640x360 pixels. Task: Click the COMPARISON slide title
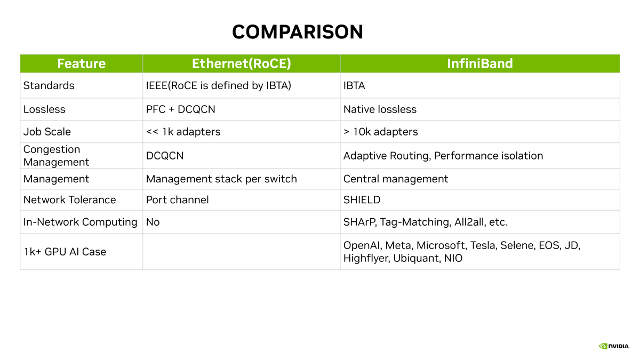[x=298, y=31]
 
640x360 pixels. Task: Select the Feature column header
[x=82, y=63]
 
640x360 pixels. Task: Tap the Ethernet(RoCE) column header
[x=242, y=63]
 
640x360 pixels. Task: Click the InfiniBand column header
[x=480, y=63]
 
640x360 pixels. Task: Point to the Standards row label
[x=49, y=85]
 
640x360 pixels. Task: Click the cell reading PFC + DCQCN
[x=181, y=109]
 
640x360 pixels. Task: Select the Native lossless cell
[x=380, y=109]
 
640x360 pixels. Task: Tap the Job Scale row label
[x=47, y=132]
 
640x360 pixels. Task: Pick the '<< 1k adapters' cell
[x=183, y=132]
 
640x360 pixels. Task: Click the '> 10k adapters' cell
[x=381, y=132]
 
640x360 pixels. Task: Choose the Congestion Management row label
[x=57, y=156]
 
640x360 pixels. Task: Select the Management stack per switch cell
[x=221, y=179]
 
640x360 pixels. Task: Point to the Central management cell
[x=396, y=179]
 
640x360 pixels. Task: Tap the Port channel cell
[x=178, y=199]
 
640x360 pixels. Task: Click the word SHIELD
[x=362, y=199]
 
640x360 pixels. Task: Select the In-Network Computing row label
[x=81, y=222]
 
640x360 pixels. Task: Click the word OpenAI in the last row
[x=362, y=245]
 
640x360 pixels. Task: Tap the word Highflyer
[x=366, y=258]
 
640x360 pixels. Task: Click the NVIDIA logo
[x=614, y=346]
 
